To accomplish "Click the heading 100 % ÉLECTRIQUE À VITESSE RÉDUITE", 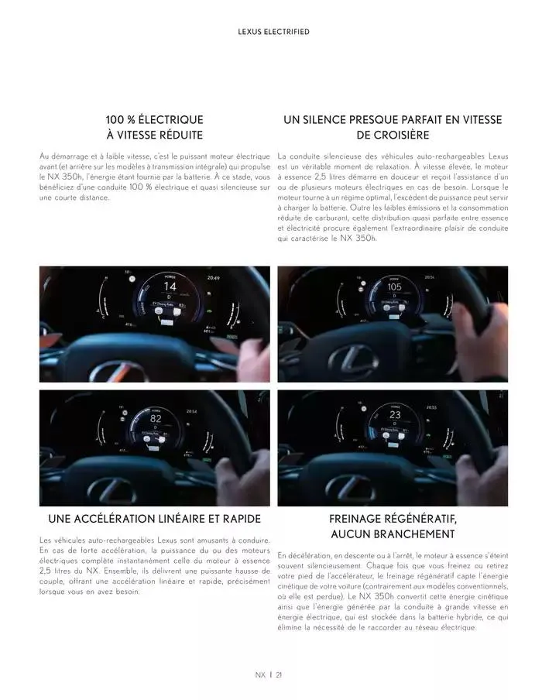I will coord(154,128).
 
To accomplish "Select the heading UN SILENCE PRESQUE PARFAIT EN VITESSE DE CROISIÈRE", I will coord(393,128).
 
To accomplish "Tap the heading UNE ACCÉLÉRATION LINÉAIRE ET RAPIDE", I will coord(154,518).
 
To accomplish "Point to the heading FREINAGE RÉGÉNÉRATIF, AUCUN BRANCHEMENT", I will coord(393,526).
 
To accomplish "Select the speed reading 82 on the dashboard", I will coord(155,417).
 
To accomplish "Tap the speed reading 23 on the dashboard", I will coord(395,414).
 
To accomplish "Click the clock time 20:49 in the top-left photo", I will coord(213,277).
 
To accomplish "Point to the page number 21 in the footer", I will coord(279,674).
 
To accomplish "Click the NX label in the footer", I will coord(260,674).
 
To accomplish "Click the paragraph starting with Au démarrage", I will coord(154,177).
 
